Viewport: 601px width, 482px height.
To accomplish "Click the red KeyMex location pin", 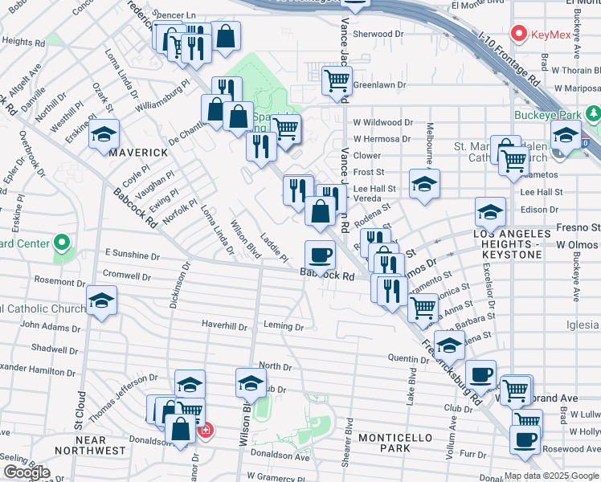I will (x=519, y=35).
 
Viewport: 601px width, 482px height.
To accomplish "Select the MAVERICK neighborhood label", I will (x=138, y=152).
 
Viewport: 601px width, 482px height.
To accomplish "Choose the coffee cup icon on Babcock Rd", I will (x=320, y=254).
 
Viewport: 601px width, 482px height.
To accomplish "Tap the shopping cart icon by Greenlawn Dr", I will (x=337, y=80).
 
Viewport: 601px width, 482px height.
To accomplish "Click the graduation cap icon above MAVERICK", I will (x=104, y=134).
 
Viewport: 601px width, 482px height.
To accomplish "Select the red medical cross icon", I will (x=205, y=431).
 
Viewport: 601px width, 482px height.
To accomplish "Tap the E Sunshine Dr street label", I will (x=132, y=255).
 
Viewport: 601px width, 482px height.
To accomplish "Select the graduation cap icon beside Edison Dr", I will (x=490, y=212).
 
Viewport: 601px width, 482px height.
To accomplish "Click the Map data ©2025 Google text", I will (x=551, y=476).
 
